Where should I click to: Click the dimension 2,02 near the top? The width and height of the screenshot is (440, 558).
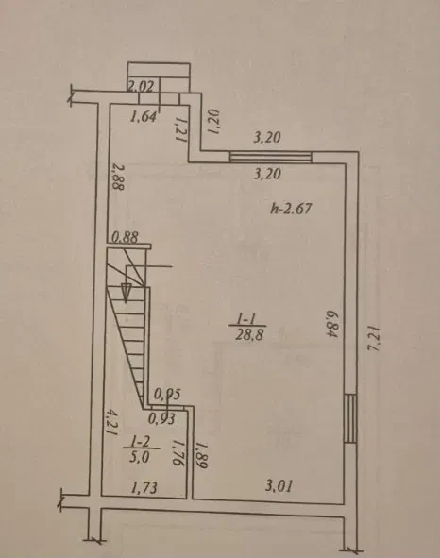[141, 87]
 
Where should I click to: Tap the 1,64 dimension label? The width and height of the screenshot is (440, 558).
[144, 116]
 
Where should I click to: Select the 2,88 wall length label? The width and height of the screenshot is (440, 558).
[116, 177]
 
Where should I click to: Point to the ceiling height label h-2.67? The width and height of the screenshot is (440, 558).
[291, 208]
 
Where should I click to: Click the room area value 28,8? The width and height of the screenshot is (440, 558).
[249, 335]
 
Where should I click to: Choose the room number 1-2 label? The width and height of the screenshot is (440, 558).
[141, 442]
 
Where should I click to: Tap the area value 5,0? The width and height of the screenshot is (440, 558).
[140, 457]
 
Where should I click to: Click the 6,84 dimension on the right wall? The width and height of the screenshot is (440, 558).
[331, 324]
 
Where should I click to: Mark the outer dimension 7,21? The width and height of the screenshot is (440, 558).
[373, 338]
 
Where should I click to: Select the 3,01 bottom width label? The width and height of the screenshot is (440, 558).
[279, 485]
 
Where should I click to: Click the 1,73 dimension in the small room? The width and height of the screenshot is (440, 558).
[144, 487]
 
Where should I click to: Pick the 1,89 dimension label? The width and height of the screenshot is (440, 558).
[201, 455]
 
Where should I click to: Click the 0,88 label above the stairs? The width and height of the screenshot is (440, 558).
[125, 237]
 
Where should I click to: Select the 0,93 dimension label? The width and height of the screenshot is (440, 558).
[161, 419]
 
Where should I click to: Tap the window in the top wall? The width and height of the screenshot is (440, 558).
[271, 157]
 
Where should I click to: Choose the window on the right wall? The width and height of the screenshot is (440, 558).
[350, 418]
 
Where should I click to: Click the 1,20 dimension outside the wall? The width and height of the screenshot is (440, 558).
[213, 122]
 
